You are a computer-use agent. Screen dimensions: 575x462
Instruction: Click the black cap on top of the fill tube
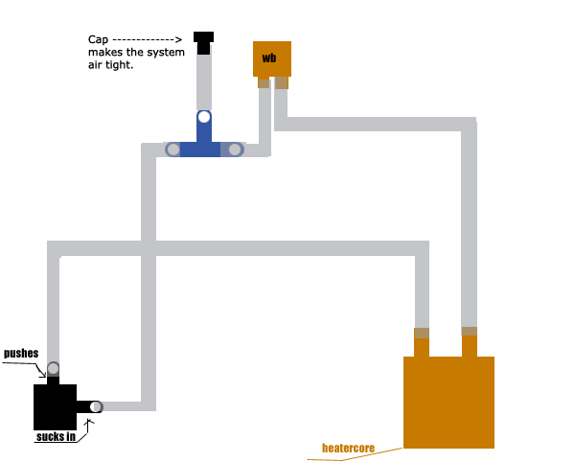coord(203,42)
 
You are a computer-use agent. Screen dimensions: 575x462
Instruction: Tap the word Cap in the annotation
coord(98,40)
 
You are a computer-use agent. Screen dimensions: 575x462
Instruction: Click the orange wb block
coord(272,58)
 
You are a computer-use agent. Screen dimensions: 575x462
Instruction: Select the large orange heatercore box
coord(448,402)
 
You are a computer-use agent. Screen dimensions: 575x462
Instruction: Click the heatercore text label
coord(349,448)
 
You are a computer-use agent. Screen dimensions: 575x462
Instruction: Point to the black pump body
coord(55,407)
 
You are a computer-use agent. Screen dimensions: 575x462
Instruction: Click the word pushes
coord(21,354)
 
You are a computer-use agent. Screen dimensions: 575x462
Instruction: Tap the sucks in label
coord(57,437)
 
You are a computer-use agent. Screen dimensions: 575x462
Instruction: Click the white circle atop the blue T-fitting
coord(204,117)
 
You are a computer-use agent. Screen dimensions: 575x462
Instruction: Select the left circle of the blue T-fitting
coord(173,150)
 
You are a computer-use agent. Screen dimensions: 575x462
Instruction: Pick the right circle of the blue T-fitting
coord(235,150)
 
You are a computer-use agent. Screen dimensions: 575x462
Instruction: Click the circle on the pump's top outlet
coord(53,368)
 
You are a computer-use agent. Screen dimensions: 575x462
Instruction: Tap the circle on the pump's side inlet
coord(96,406)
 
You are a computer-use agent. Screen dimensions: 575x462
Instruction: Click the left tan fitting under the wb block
coord(264,83)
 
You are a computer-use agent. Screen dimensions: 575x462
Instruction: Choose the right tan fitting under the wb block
coord(282,82)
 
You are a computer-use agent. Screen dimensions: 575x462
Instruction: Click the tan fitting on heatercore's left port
coord(422,334)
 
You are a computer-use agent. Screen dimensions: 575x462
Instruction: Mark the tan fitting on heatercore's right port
coord(470,332)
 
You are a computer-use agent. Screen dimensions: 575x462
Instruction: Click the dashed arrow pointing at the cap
coord(147,39)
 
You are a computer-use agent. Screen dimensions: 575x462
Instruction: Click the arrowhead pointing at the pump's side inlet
coord(88,422)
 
